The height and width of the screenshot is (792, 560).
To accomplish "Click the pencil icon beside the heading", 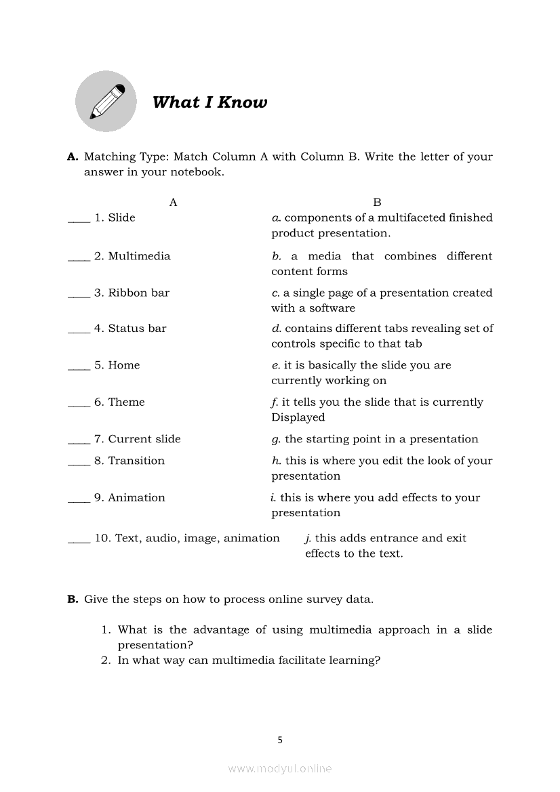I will point(106,102).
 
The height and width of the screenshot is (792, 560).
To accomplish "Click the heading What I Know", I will point(209,102).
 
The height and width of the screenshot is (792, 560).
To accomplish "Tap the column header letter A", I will point(173,202).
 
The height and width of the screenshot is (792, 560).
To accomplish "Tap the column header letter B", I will point(377,202).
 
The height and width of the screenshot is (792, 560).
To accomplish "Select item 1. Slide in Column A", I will point(115,217).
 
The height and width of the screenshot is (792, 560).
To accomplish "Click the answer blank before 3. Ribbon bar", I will point(79,295).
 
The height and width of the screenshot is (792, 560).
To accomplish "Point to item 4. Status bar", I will point(130,329).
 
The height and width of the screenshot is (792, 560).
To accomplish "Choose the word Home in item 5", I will point(124,365).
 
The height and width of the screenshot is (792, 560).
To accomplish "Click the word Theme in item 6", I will point(126,402).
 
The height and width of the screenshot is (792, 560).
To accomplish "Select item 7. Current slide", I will point(138,439).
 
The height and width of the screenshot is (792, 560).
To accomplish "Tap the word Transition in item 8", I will point(136,461).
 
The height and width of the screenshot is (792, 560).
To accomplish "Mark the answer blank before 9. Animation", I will point(79,499).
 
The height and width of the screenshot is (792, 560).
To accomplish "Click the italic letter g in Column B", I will point(275,440).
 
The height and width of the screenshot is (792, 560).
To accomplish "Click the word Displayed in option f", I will point(298,417).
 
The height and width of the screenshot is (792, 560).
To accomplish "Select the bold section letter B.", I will point(73,599).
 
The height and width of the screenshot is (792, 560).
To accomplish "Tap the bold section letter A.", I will point(73,157).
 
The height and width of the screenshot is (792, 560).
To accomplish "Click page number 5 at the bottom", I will point(280,740).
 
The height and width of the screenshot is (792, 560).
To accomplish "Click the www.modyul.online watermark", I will point(280,768).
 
